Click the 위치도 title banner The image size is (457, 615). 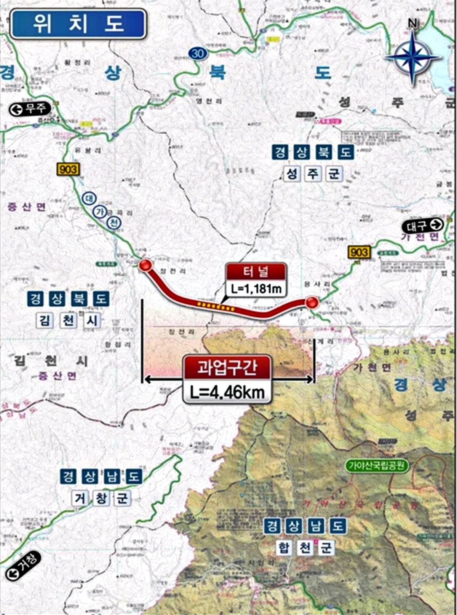(x=78, y=24)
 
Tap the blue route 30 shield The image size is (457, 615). (x=197, y=54)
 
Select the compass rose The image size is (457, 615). (x=413, y=57)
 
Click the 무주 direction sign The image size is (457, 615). (x=30, y=110)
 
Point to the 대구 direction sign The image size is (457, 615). (x=422, y=226)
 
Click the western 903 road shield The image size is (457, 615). (x=68, y=169)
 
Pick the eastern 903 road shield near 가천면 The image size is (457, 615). (x=359, y=252)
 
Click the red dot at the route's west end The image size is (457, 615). (x=145, y=266)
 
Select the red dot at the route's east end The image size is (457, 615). (x=312, y=302)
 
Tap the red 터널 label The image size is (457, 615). (x=256, y=272)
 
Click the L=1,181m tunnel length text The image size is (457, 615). (x=256, y=289)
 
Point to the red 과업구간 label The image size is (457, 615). (x=227, y=368)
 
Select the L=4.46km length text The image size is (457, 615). (x=227, y=392)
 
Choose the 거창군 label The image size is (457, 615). (x=101, y=498)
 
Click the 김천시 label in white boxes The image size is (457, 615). (x=69, y=321)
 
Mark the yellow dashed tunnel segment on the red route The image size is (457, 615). (x=215, y=306)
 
